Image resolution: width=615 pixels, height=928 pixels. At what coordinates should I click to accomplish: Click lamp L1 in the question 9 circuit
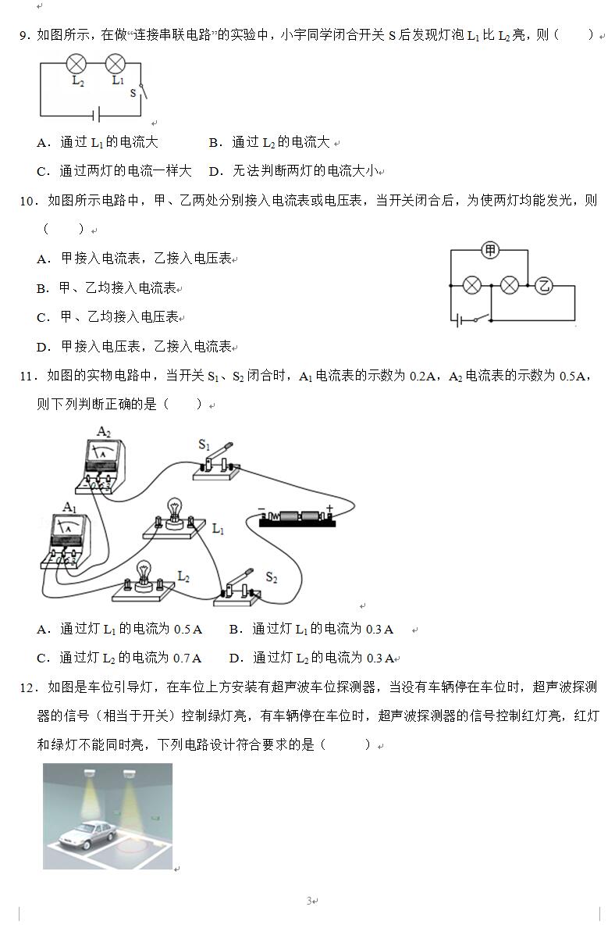coord(116,63)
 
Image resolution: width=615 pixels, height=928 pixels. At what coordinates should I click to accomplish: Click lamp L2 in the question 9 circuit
coord(76,63)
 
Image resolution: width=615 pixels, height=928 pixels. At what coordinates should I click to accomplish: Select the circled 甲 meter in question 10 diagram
coord(489,250)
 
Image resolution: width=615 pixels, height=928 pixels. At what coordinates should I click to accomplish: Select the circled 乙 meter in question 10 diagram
coord(544,286)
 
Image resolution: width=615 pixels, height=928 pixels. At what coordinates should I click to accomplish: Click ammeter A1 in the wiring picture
coord(70,540)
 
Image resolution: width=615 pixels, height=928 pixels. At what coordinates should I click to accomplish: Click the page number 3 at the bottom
coord(309,901)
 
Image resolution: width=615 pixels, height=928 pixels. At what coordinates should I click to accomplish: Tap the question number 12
coord(28,687)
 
